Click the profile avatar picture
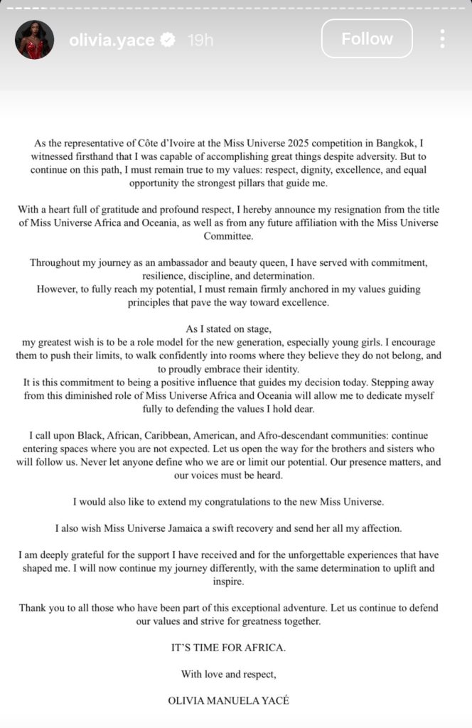tap(34, 40)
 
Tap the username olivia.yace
tap(112, 41)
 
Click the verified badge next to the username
tap(168, 41)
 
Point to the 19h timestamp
tap(200, 41)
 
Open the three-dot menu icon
tap(442, 39)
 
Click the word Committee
tap(236, 236)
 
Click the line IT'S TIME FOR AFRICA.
tap(236, 648)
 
